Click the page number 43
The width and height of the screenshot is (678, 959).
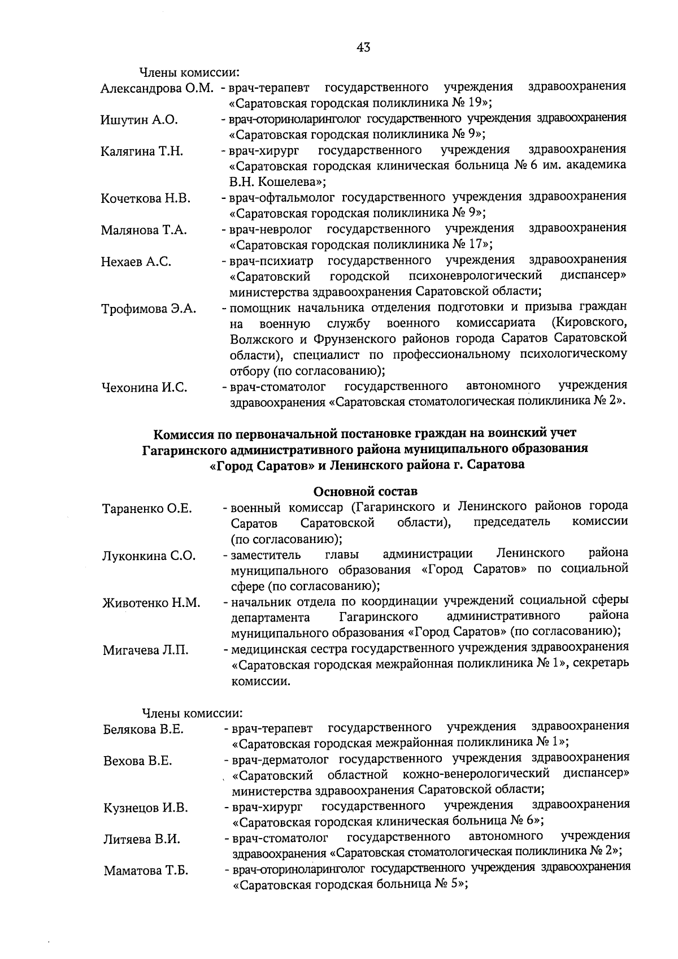pyautogui.click(x=363, y=48)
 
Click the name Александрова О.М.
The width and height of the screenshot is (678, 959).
pyautogui.click(x=157, y=89)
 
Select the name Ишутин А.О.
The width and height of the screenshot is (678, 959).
pyautogui.click(x=140, y=120)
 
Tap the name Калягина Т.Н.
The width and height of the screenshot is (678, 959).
pyautogui.click(x=142, y=151)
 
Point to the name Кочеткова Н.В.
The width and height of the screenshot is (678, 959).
pyautogui.click(x=146, y=198)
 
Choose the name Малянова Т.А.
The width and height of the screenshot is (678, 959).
pyautogui.click(x=144, y=230)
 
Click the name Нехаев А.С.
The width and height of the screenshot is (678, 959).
pyautogui.click(x=136, y=262)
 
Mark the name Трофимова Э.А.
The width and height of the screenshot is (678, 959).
pyautogui.click(x=149, y=309)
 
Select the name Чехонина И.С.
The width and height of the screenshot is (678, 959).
pyautogui.click(x=144, y=388)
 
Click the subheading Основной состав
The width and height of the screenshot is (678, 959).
pyautogui.click(x=365, y=491)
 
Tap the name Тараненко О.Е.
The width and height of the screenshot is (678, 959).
pyautogui.click(x=147, y=509)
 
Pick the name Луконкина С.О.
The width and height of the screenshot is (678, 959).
pyautogui.click(x=149, y=556)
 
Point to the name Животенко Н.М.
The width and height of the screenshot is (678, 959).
pyautogui.click(x=151, y=603)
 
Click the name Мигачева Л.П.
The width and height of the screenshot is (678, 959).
pyautogui.click(x=146, y=650)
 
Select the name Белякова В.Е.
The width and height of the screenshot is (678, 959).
pyautogui.click(x=144, y=729)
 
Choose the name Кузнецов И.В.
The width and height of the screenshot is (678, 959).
pyautogui.click(x=146, y=808)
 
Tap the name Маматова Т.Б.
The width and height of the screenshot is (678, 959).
pyautogui.click(x=146, y=871)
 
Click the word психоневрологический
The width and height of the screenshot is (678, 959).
pyautogui.click(x=476, y=276)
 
